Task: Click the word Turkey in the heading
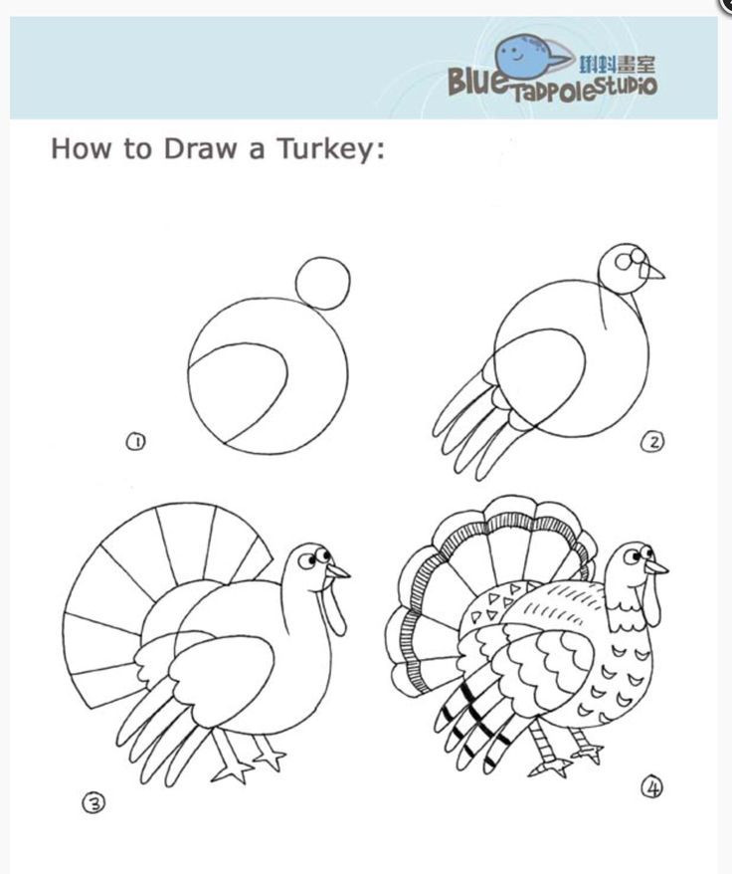coord(329,150)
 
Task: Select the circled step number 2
coord(652,441)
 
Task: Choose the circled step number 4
coord(652,789)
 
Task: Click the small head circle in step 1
coord(323,283)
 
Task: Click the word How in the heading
coord(77,150)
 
